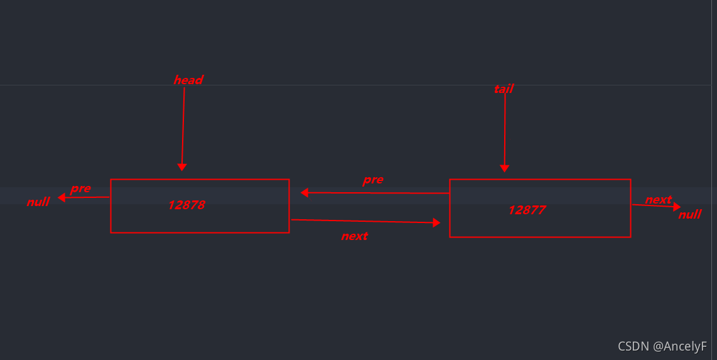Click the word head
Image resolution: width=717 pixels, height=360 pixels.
point(188,80)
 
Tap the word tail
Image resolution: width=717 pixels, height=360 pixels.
point(504,89)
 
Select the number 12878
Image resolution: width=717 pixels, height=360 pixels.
point(186,205)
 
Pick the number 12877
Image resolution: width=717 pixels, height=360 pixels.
point(527,210)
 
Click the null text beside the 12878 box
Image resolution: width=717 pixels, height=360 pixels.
point(38,202)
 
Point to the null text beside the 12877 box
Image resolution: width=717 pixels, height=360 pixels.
point(690,215)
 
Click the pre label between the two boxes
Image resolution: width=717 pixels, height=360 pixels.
point(373,180)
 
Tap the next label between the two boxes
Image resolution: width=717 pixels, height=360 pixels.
point(354,236)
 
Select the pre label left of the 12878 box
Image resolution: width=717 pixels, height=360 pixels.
point(80,188)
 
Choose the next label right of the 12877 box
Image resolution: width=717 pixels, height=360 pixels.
point(658,200)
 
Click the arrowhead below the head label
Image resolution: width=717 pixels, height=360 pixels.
point(182,166)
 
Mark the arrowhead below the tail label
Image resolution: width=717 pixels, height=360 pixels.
point(504,168)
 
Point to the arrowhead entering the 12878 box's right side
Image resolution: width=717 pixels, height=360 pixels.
point(305,193)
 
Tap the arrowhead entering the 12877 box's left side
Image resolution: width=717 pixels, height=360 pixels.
point(436,222)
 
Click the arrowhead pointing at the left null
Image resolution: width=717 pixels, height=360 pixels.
point(62,198)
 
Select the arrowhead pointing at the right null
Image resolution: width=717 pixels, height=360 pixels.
point(677,207)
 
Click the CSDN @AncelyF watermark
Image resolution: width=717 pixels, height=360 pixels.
point(662,346)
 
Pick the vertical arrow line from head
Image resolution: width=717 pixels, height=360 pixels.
point(183,126)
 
